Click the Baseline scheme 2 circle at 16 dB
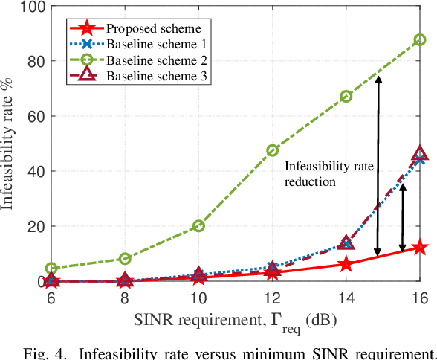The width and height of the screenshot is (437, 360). click(x=419, y=40)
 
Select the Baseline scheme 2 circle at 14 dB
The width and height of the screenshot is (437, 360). click(x=346, y=97)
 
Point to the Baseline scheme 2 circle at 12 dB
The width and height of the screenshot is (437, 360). click(x=272, y=150)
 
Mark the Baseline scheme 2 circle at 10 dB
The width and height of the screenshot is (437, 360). click(x=198, y=225)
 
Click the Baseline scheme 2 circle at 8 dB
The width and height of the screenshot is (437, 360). click(x=125, y=259)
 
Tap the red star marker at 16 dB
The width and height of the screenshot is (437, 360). click(x=419, y=248)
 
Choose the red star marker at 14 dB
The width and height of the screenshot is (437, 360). click(x=346, y=265)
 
